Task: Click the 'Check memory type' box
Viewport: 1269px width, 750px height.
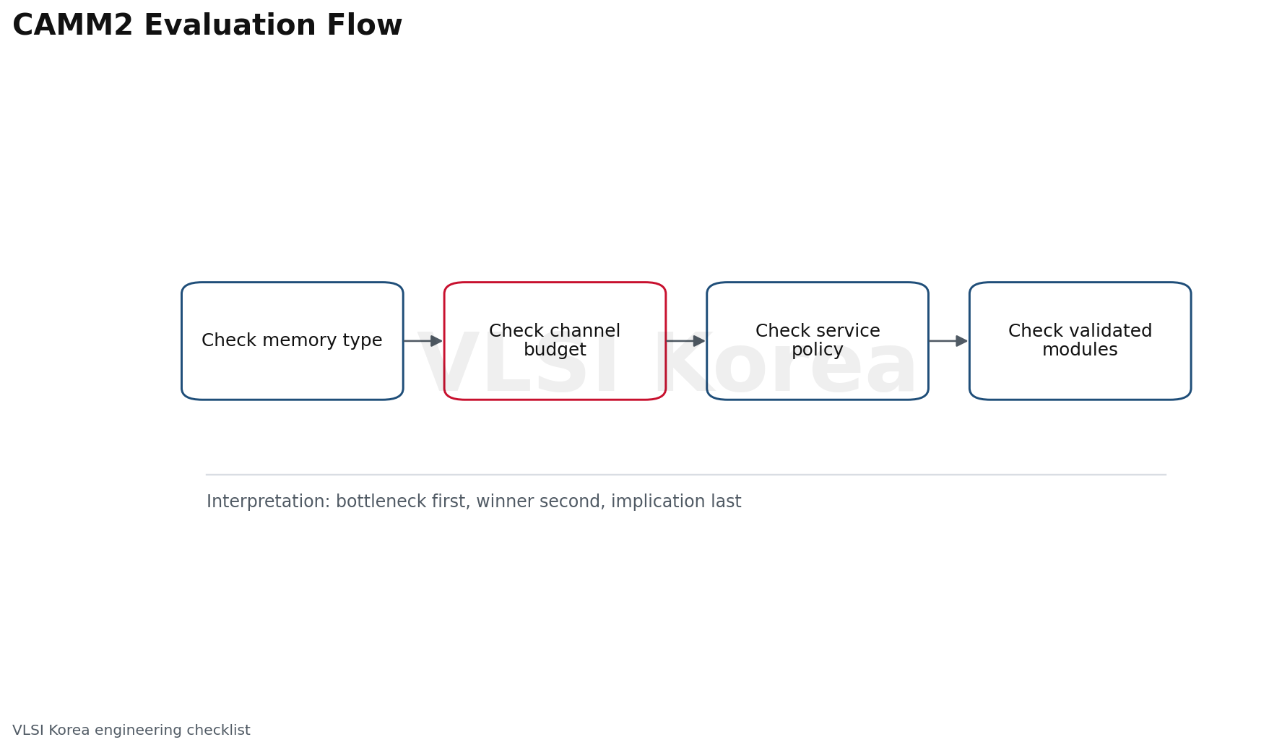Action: click(293, 341)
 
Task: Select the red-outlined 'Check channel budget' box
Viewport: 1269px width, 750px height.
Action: click(555, 341)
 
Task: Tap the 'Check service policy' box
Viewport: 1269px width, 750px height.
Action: click(818, 341)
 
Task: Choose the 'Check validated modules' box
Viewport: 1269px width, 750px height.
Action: click(1080, 341)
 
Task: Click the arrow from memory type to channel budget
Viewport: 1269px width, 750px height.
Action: click(423, 341)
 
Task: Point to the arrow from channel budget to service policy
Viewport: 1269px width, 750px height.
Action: click(685, 341)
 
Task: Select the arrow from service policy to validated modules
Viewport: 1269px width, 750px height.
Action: click(948, 341)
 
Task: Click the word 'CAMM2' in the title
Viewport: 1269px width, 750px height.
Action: click(73, 26)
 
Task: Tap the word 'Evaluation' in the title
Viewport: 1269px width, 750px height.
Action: click(230, 26)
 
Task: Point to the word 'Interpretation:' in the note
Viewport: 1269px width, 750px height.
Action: click(268, 501)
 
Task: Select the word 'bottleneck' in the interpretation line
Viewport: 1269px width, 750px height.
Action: click(379, 501)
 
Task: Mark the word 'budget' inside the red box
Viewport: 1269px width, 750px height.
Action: click(555, 350)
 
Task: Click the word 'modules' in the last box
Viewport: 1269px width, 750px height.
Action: click(1080, 350)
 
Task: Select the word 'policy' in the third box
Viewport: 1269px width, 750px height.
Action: click(818, 350)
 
